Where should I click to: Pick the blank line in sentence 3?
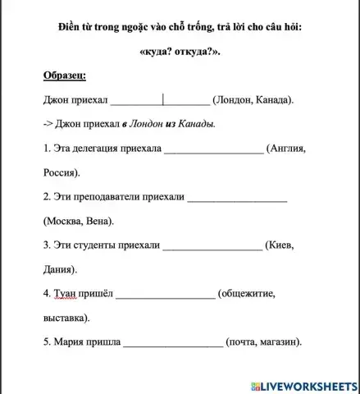click(212, 245)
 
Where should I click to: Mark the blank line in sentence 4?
click(165, 292)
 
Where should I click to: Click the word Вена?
click(98, 221)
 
